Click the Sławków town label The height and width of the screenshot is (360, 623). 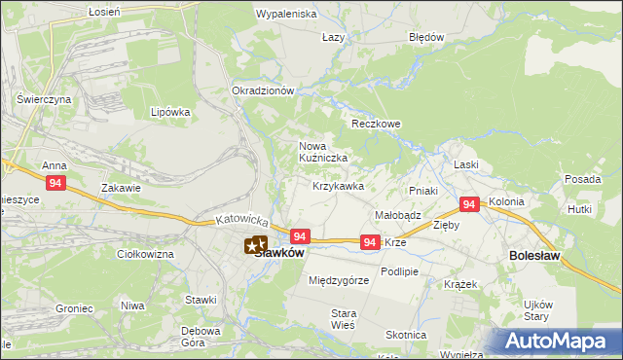[x=279, y=253]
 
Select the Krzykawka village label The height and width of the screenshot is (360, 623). [x=338, y=186]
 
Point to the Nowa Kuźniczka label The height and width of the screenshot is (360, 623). [x=322, y=152]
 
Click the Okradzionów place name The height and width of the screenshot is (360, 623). [x=263, y=90]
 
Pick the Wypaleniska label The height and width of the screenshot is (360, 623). [x=286, y=15]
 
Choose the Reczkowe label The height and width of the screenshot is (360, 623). [x=376, y=125]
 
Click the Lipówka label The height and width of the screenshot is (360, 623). [x=170, y=112]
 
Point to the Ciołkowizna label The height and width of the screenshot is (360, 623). [x=145, y=254]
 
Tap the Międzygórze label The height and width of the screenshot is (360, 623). [x=338, y=280]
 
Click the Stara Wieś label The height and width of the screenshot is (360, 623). [x=345, y=319]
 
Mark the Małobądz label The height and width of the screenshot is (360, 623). [x=397, y=215]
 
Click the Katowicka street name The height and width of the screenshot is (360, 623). [x=241, y=223]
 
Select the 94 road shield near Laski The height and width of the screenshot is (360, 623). [x=470, y=204]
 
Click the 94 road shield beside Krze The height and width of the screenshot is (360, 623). [x=370, y=242]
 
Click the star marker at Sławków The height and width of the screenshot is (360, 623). [x=255, y=245]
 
